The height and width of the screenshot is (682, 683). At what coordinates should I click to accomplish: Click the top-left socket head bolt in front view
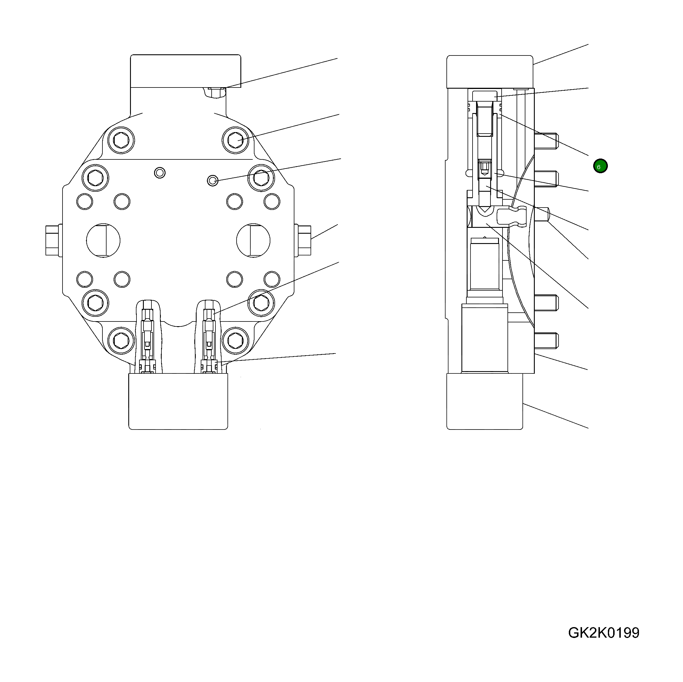(122, 140)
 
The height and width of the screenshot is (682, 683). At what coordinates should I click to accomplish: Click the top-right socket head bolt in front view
(235, 140)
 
